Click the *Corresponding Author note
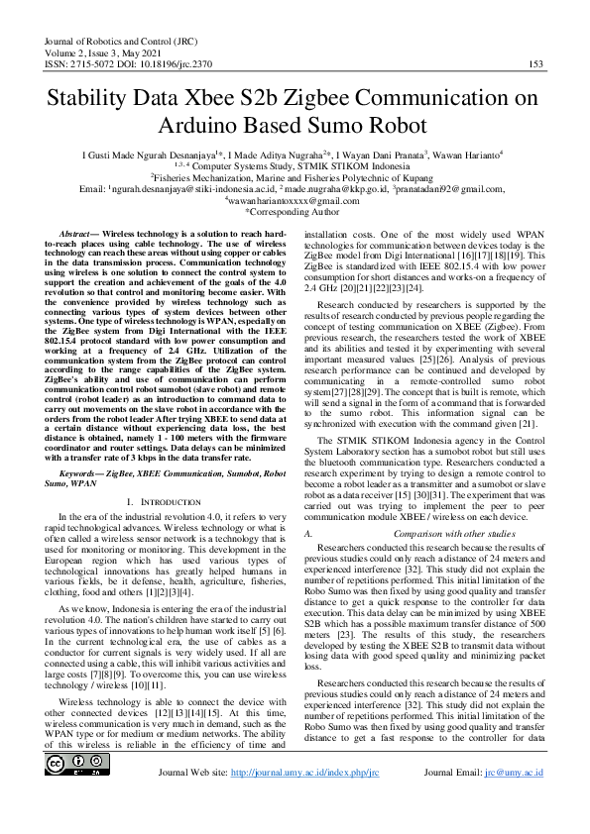(295, 211)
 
